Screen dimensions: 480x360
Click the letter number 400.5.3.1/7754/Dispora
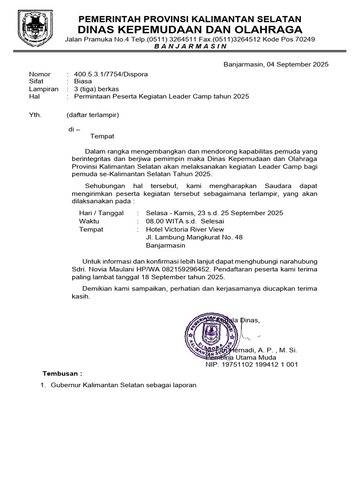point(108,74)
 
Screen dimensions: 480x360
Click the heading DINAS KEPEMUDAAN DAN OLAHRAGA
point(190,30)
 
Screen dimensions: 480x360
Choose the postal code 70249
point(305,39)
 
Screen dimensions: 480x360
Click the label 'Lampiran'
point(44,89)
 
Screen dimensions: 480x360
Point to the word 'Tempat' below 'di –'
point(102,136)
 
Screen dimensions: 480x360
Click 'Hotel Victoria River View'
point(185,229)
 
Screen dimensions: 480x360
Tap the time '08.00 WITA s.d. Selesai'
point(185,221)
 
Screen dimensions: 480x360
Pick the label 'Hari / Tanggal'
point(101,213)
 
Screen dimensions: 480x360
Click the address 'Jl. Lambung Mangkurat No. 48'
point(195,237)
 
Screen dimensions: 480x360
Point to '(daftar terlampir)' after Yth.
point(93,115)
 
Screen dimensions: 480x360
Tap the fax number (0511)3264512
point(217,39)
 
